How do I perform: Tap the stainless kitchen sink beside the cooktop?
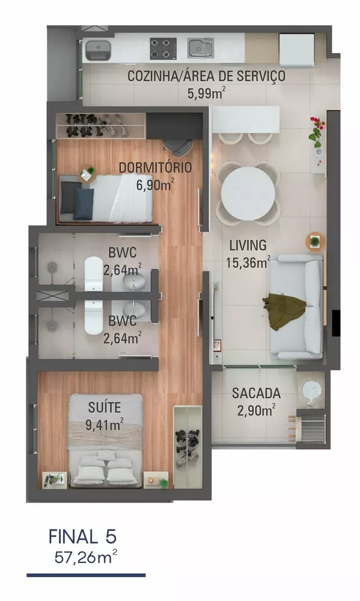[x=201, y=47]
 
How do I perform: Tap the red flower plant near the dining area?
[x=317, y=129]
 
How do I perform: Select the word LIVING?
[x=248, y=245]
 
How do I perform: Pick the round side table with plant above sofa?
[x=314, y=242]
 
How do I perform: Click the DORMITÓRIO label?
[x=155, y=167]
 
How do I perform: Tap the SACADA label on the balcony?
[x=256, y=394]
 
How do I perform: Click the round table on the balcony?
[x=311, y=391]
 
